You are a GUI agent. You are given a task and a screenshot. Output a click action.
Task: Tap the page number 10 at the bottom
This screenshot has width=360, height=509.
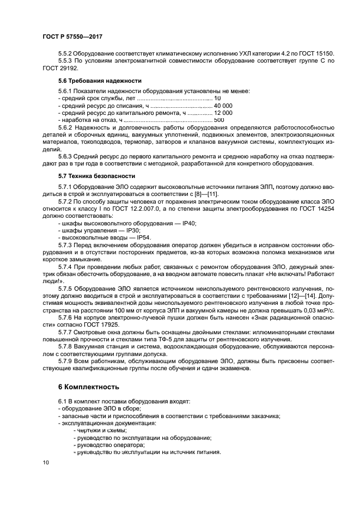point(46,463)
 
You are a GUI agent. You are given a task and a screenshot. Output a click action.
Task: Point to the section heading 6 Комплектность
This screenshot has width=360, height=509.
point(88,388)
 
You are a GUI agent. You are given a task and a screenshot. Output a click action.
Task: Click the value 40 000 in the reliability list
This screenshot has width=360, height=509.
point(223,105)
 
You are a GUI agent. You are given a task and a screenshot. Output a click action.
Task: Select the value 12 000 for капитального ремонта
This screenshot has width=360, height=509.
point(223,112)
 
